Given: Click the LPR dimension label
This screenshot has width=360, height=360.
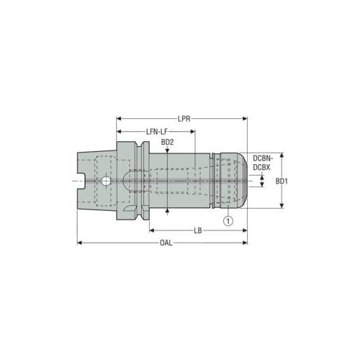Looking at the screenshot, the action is [184, 119].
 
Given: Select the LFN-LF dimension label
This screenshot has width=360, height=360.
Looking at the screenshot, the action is [157, 132].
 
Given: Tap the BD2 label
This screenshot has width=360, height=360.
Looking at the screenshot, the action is [167, 142].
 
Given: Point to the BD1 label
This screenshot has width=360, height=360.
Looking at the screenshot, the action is [282, 181].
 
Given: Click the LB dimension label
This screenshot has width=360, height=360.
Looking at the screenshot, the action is [198, 230].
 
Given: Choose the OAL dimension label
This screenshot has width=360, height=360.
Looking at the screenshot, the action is [166, 243].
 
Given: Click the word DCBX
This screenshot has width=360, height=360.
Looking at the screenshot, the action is [261, 167].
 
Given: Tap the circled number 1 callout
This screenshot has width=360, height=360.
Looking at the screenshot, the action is [228, 220].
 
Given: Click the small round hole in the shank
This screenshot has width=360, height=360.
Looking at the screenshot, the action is [106, 181].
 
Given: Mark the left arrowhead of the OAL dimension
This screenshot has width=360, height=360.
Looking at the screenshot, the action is [80, 243].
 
